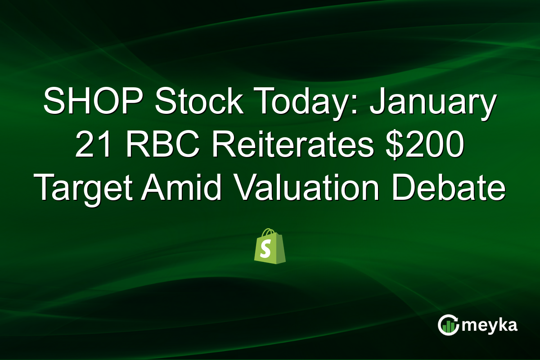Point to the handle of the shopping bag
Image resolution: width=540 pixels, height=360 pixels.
(270, 233)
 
